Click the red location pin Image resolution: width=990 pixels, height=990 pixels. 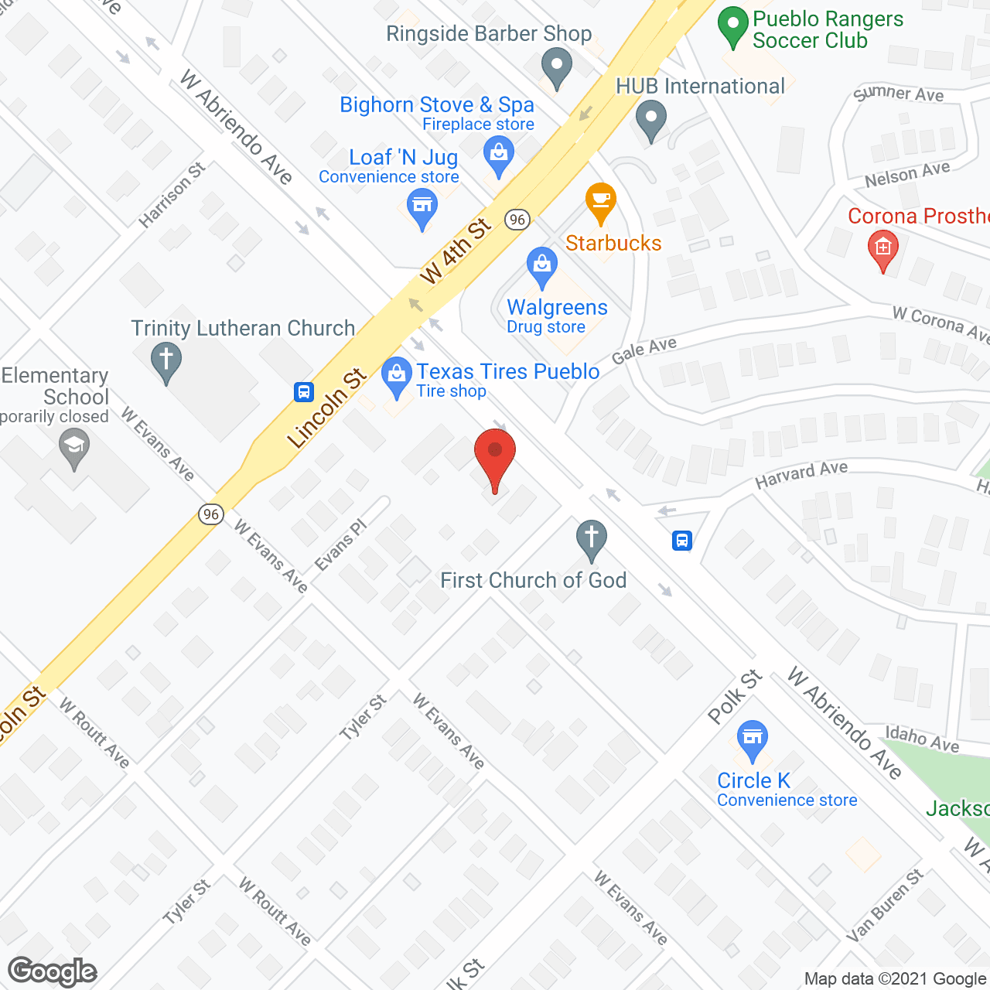[494, 457]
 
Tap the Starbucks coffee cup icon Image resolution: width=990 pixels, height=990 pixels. [600, 203]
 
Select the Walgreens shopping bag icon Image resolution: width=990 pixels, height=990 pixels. [542, 266]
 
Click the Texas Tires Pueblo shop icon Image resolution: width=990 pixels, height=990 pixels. [397, 376]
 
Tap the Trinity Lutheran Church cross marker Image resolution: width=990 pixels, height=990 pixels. [166, 362]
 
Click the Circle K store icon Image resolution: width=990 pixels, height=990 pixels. [752, 738]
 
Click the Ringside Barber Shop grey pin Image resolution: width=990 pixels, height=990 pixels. [556, 67]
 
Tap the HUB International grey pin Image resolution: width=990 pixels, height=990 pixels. [651, 119]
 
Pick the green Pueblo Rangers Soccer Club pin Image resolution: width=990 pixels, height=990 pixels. [732, 26]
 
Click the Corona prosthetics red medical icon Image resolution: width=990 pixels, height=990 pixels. [883, 249]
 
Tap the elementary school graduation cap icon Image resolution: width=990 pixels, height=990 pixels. [74, 448]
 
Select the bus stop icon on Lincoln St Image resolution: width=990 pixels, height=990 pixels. [304, 392]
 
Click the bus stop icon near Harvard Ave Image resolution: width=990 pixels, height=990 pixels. [681, 540]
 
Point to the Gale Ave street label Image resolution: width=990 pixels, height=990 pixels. [643, 350]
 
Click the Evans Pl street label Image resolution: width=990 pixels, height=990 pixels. [340, 545]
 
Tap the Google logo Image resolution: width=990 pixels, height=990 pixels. [53, 971]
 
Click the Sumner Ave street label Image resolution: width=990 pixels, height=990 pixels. [899, 94]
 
